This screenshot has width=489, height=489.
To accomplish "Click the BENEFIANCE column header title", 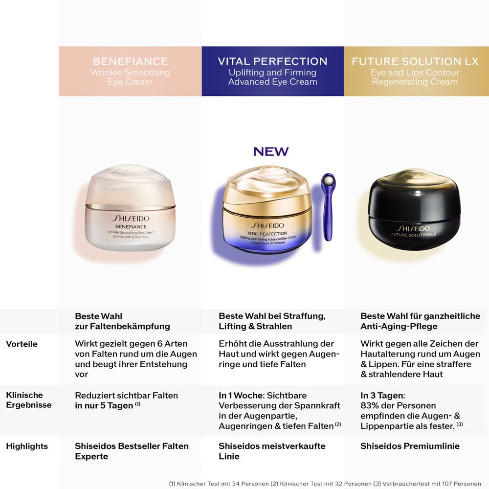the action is [x=131, y=61].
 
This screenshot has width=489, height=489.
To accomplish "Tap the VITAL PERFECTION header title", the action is [x=272, y=61].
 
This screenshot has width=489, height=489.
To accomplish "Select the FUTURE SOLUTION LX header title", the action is [x=415, y=61].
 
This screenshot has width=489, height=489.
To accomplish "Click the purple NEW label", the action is [x=271, y=152].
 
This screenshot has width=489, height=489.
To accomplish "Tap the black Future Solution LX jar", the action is [x=414, y=210].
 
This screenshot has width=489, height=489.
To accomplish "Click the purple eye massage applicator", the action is [x=328, y=207].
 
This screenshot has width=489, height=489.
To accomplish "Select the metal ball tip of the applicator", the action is [x=329, y=180].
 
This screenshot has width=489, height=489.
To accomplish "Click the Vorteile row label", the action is [x=22, y=344].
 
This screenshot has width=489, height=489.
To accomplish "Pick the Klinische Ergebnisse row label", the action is [x=29, y=400].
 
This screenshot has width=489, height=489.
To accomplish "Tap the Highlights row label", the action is [x=27, y=446].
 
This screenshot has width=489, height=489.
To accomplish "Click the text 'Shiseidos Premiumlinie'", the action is [x=410, y=446].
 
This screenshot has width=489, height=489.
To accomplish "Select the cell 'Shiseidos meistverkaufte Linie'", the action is [x=272, y=451].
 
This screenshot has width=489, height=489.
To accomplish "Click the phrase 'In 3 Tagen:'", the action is [x=383, y=396].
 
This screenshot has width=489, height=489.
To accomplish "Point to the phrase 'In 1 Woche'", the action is [x=241, y=396].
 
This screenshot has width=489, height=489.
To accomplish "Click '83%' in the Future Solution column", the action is [x=369, y=406].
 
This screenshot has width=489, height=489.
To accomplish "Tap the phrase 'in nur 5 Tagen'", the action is [x=104, y=406].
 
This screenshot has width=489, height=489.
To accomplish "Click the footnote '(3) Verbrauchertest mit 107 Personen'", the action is [x=427, y=484].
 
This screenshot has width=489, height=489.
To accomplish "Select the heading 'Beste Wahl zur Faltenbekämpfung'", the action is [x=122, y=321].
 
